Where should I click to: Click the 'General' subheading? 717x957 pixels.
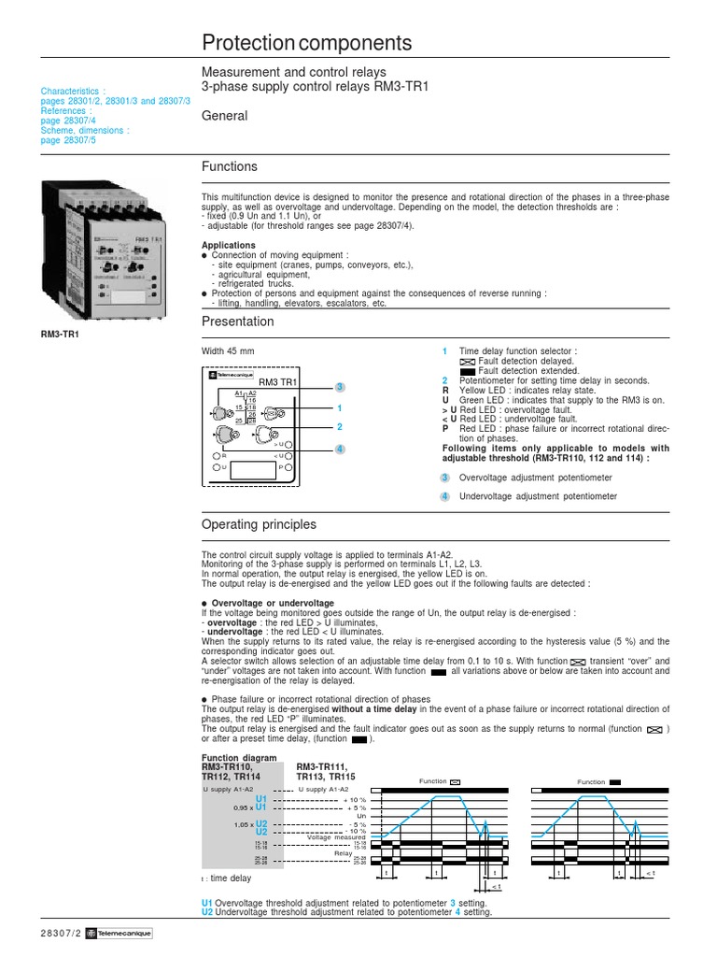point(225,116)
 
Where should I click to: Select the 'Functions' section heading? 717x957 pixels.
point(230,166)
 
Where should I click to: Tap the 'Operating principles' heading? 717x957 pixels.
point(259,524)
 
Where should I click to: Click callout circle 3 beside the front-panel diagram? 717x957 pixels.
point(341,387)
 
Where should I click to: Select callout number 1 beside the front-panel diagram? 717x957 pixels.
point(341,408)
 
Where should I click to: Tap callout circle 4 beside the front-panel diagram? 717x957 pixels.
point(341,449)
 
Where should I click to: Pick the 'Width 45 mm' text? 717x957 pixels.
point(228,351)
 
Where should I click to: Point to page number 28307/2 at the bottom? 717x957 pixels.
point(62,934)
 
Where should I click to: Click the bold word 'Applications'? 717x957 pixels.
point(229,246)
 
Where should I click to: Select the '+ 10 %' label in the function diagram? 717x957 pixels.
point(356,800)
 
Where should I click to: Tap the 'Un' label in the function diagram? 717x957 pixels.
point(362,816)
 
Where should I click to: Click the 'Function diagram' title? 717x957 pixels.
point(239,757)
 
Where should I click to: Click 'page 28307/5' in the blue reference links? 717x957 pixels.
point(68,140)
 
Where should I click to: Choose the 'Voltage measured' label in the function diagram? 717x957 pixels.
point(338,837)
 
